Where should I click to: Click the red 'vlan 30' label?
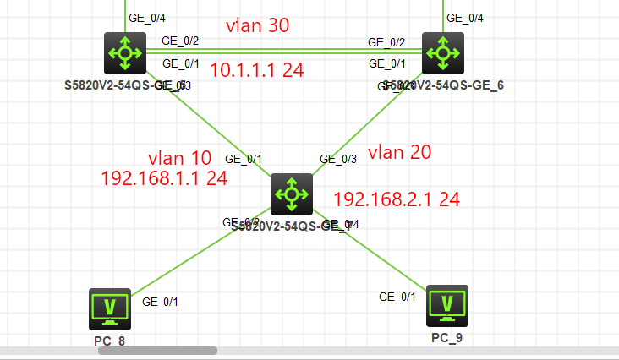pos(258,25)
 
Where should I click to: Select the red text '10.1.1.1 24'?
pos(257,70)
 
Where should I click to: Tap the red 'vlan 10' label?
pos(179,157)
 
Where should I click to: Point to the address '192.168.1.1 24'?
pos(164,178)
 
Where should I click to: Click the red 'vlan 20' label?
pos(400,152)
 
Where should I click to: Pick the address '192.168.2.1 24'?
pos(397,199)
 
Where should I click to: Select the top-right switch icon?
pos(442,54)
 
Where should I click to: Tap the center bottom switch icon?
pos(292,194)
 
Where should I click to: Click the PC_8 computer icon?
pos(110,308)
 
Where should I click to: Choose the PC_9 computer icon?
pos(447,305)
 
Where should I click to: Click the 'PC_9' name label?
pos(447,338)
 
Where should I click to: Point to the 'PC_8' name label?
pos(111,341)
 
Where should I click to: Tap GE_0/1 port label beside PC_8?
pos(160,301)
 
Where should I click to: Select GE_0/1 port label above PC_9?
pos(397,296)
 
